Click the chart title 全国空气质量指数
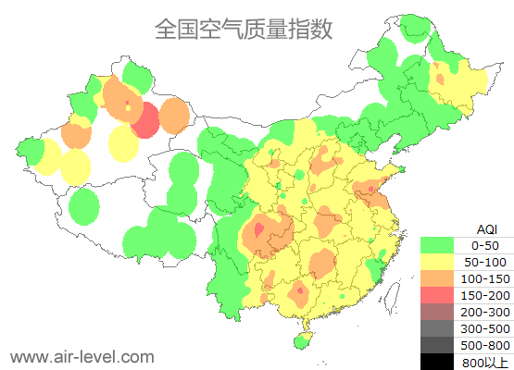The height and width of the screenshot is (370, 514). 244,29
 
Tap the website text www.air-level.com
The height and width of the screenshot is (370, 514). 81,356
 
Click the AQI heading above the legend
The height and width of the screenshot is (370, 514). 485,228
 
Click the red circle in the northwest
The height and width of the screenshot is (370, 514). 145,120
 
